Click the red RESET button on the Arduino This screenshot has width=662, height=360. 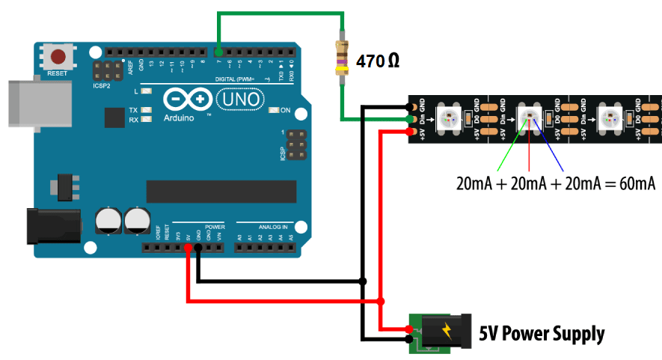(58, 57)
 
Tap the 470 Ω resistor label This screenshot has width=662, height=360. (377, 61)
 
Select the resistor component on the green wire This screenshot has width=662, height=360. (343, 58)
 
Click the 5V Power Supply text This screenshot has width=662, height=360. (542, 333)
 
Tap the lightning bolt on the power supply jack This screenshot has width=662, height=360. (447, 330)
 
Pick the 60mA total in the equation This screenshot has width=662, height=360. (633, 183)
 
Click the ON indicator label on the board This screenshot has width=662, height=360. (285, 110)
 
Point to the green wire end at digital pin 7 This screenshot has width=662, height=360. (218, 52)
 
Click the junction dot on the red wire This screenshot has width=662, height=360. (381, 301)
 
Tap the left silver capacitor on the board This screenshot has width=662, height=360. (108, 221)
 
